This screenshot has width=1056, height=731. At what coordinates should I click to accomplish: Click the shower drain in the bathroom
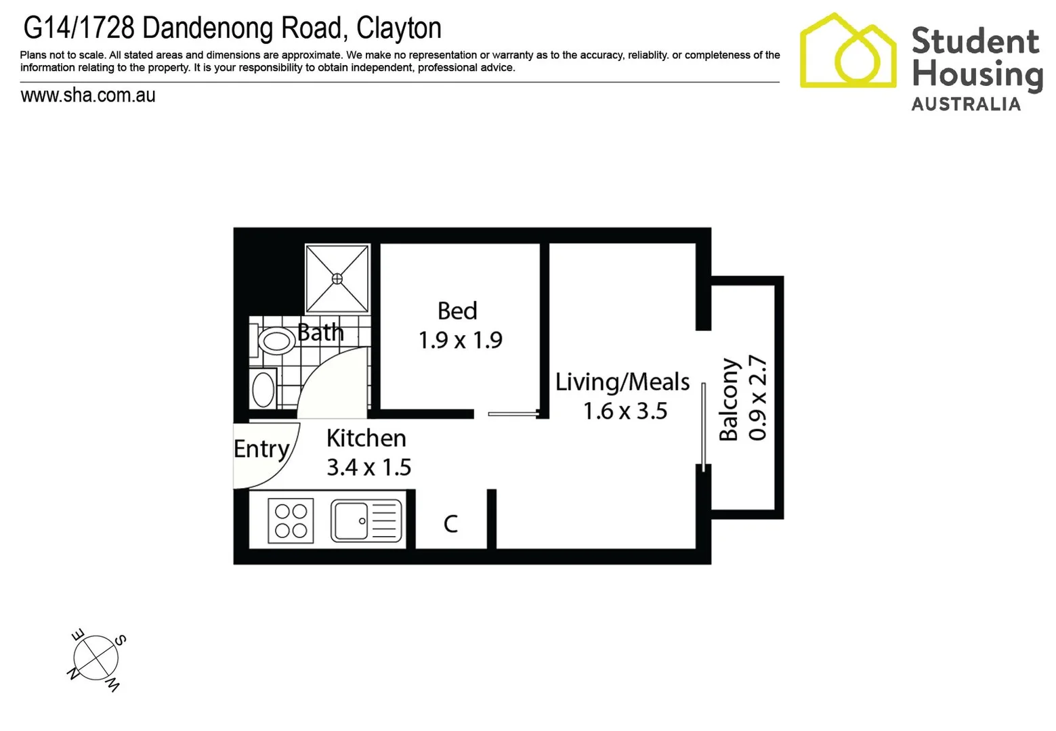tap(337, 279)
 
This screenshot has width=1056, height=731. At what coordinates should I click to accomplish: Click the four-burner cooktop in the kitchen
tap(291, 520)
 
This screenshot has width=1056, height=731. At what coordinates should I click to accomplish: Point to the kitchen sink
tap(366, 520)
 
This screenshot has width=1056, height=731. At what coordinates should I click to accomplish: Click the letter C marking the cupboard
tap(450, 523)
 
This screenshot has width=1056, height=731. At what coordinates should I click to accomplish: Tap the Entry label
tap(261, 449)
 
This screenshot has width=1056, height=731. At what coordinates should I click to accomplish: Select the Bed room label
tap(457, 311)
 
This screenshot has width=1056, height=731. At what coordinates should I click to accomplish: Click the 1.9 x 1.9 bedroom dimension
tap(460, 340)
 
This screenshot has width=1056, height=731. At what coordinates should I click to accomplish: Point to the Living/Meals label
tap(622, 382)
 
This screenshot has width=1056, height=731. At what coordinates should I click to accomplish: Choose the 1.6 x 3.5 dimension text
tap(625, 411)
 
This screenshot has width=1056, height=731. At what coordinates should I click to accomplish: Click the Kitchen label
tap(366, 438)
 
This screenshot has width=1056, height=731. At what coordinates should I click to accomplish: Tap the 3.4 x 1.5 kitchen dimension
tap(368, 467)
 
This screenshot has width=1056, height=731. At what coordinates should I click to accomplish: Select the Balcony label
tap(729, 399)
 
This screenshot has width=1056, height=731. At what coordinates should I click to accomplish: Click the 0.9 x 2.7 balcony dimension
tap(758, 398)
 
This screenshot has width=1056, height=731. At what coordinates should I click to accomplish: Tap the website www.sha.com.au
tap(88, 95)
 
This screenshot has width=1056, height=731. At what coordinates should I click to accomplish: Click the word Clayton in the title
tap(398, 28)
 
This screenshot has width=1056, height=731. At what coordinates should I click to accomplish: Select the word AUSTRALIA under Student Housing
tap(965, 104)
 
